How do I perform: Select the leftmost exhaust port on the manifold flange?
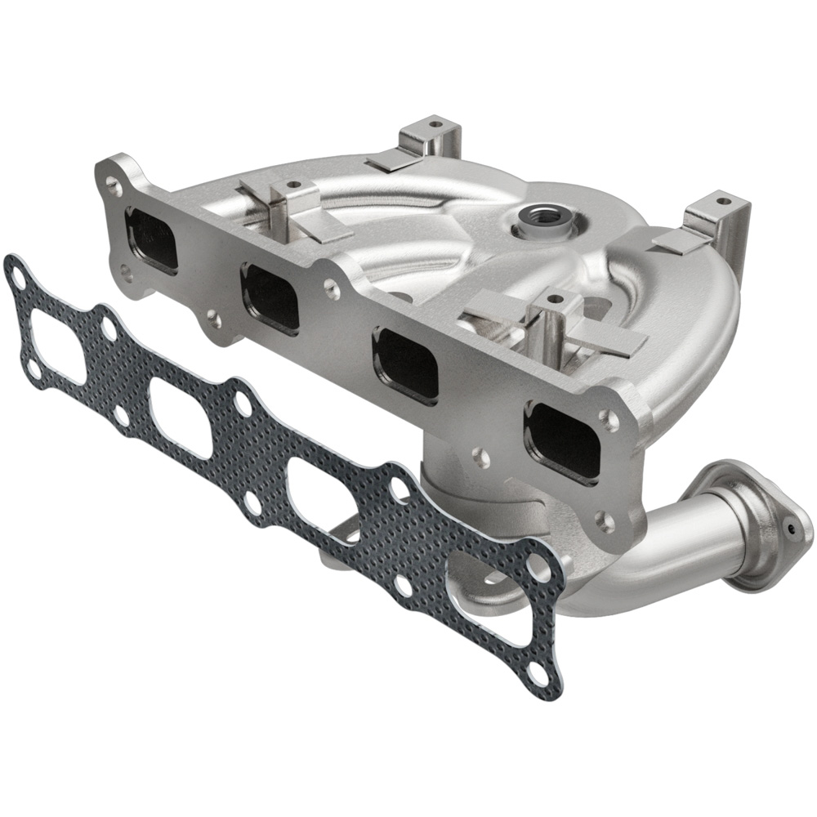153,239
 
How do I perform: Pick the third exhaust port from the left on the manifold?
407,364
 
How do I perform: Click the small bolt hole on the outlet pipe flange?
790,529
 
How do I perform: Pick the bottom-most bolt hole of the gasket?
537,675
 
